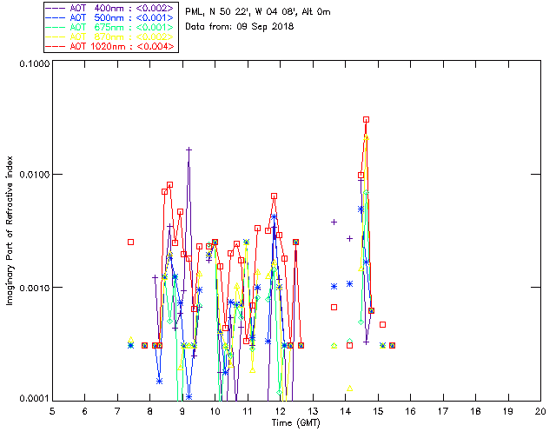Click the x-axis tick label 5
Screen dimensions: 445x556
click(52, 411)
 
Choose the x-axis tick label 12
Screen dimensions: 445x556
click(280, 411)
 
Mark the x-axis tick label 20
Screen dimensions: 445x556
click(539, 411)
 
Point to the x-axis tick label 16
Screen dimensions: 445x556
click(410, 411)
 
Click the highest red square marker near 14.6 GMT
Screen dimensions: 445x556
click(367, 119)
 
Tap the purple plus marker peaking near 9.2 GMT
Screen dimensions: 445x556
click(189, 149)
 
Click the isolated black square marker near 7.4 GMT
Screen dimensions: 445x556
click(130, 242)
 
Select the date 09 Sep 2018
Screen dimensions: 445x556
click(264, 26)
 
